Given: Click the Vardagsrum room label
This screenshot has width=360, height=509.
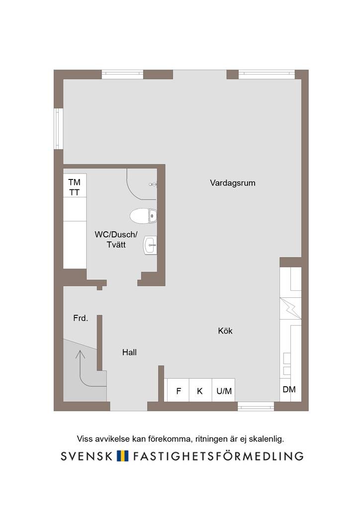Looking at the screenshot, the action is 232,183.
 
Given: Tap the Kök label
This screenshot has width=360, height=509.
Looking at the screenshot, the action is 225,331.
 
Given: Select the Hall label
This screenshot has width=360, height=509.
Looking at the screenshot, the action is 129,352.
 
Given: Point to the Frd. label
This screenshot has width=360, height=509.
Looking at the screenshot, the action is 81,318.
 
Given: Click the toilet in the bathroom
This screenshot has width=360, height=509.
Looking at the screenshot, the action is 143,216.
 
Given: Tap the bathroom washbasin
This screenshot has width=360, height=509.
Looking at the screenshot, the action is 150,245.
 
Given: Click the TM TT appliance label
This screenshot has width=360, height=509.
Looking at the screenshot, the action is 75,187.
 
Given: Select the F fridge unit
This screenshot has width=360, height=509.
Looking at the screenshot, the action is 178,390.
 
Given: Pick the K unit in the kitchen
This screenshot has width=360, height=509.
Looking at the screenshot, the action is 200,390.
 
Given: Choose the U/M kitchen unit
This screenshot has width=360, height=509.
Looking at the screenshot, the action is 224,390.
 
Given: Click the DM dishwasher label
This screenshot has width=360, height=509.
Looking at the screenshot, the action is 289,390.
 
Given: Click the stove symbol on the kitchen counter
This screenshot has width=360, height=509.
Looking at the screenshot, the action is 290,308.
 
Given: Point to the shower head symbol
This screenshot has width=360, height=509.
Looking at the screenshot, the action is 153,184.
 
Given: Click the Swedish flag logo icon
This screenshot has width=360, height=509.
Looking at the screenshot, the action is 123,456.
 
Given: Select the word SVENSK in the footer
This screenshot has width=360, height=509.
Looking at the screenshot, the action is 87,456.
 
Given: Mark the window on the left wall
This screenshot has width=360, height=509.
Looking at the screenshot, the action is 59,129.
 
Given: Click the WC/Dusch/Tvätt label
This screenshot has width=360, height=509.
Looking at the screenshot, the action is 116,239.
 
